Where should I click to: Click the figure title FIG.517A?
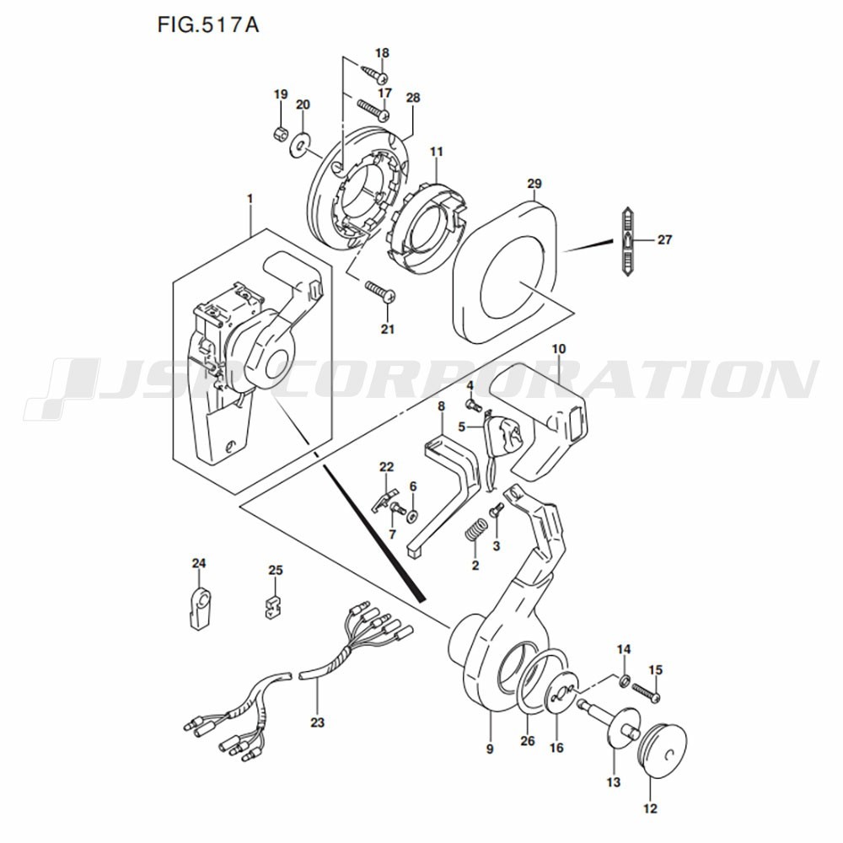[x=208, y=24]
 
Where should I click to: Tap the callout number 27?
[x=664, y=239]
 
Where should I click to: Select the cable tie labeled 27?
[x=627, y=241]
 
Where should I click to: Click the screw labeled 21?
[x=381, y=291]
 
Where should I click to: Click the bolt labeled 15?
[x=647, y=692]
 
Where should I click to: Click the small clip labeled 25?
[x=276, y=606]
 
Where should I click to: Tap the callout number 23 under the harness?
[x=317, y=722]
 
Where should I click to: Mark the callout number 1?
[x=250, y=200]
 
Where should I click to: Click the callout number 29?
[x=534, y=183]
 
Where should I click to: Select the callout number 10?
[x=558, y=349]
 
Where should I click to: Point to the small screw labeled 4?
[x=474, y=405]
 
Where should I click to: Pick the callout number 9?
[x=489, y=749]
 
